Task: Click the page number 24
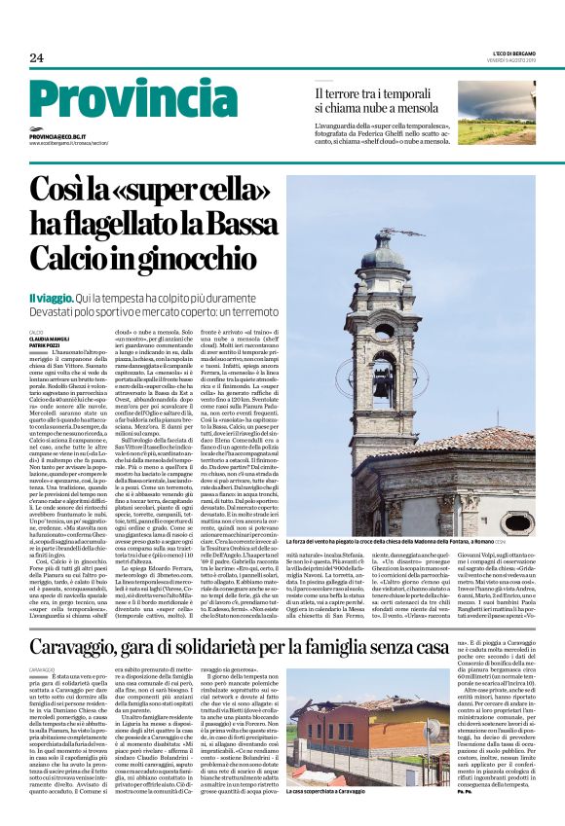click(36, 58)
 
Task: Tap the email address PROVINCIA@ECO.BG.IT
click(58, 137)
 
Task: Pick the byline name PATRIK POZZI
click(44, 346)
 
